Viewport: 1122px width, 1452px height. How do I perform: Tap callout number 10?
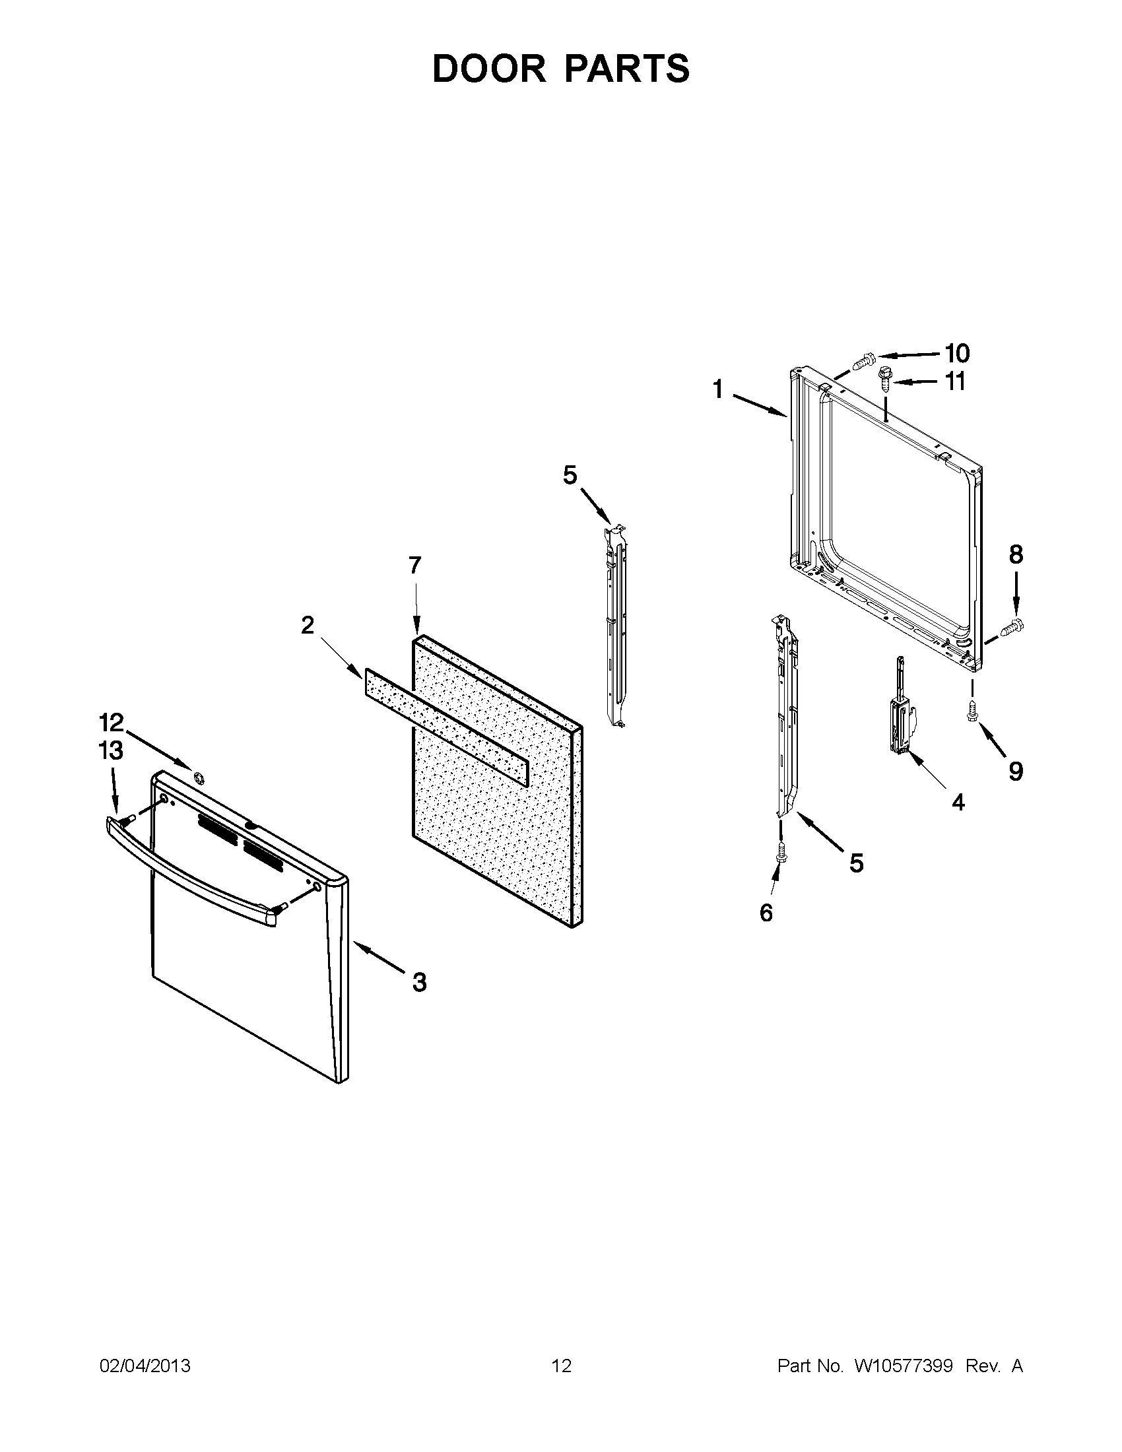pos(957,353)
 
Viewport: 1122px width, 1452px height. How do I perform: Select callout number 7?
pos(414,566)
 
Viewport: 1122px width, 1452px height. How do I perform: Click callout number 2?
pos(307,625)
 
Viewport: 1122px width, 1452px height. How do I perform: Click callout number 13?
pos(111,750)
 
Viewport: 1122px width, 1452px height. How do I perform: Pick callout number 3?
pos(418,982)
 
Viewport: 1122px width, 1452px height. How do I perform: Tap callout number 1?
pos(718,389)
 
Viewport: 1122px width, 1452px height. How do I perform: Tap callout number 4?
pos(958,803)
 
